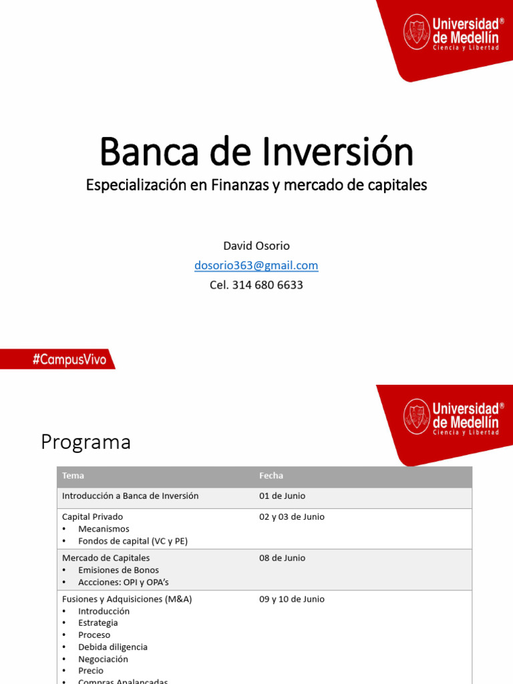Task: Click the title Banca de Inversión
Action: pos(256,152)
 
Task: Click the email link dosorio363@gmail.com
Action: pos(256,265)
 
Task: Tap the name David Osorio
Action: pos(256,246)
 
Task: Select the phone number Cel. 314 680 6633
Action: pos(256,285)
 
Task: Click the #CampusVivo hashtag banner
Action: pos(69,359)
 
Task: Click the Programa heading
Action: pos(85,442)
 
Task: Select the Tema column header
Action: pos(73,476)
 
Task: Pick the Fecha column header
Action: pos(271,476)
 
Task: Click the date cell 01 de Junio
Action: pos(283,496)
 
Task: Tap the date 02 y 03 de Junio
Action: pos(292,517)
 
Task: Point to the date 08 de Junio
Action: pos(283,558)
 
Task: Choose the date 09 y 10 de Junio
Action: pos(292,599)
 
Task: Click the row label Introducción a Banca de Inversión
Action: pos(130,496)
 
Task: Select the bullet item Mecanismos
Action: pos(104,529)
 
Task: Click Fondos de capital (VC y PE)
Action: pos(133,541)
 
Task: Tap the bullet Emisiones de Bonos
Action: pos(118,570)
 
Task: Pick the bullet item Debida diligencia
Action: pos(113,647)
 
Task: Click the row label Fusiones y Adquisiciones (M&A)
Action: pos(127,599)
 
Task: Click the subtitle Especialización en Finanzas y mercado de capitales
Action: pos(256,185)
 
